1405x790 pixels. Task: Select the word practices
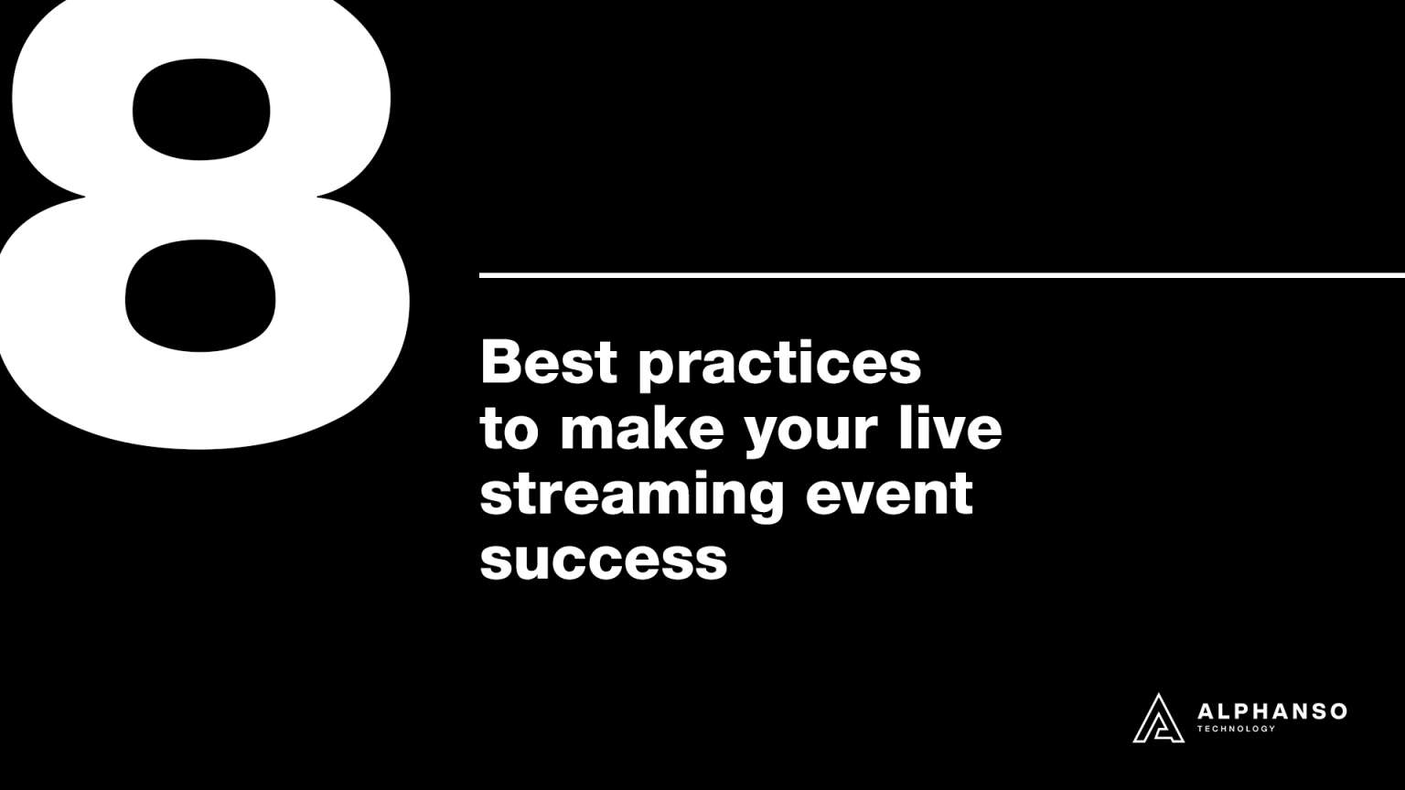pos(779,366)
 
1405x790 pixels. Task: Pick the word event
pos(889,494)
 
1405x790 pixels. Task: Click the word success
pos(603,560)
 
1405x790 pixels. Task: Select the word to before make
pos(509,430)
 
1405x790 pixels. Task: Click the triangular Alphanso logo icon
pos(1158,718)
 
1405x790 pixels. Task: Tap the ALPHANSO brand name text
pos(1271,711)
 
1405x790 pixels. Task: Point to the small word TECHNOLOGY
pos(1236,729)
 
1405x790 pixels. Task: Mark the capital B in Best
pos(501,362)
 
